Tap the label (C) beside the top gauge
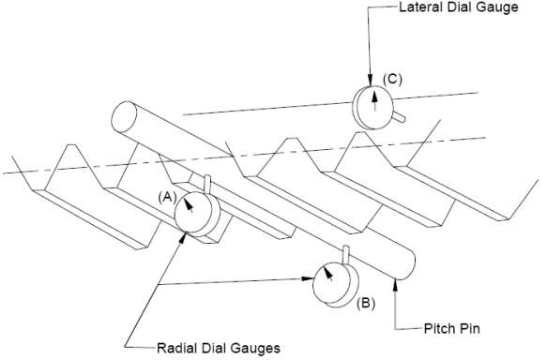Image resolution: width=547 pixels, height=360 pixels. tap(392, 79)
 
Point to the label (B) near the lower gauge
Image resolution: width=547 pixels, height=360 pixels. tap(366, 303)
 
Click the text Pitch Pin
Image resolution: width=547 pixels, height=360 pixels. tap(451, 328)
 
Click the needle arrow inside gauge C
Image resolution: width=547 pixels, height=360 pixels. tap(375, 100)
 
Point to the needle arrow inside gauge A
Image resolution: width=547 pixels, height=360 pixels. tap(189, 205)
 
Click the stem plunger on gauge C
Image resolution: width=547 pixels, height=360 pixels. tap(399, 117)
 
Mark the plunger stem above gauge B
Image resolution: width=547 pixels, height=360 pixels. tap(346, 254)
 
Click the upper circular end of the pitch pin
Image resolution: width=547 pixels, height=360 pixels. tap(124, 117)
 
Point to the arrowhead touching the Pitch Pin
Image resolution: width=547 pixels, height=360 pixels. tap(395, 285)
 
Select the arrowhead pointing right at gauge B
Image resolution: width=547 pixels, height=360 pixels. tap(308, 278)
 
